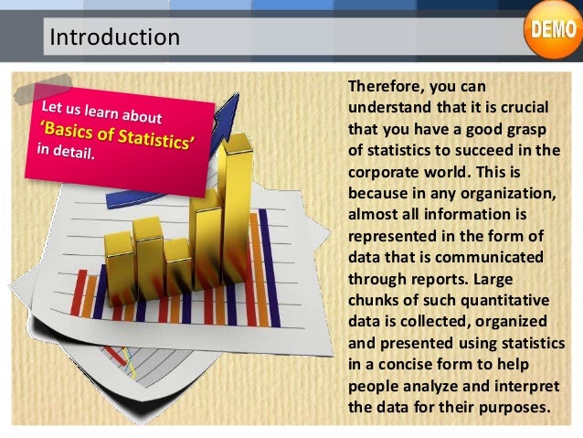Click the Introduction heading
coord(114,37)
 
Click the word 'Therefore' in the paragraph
coord(387,87)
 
